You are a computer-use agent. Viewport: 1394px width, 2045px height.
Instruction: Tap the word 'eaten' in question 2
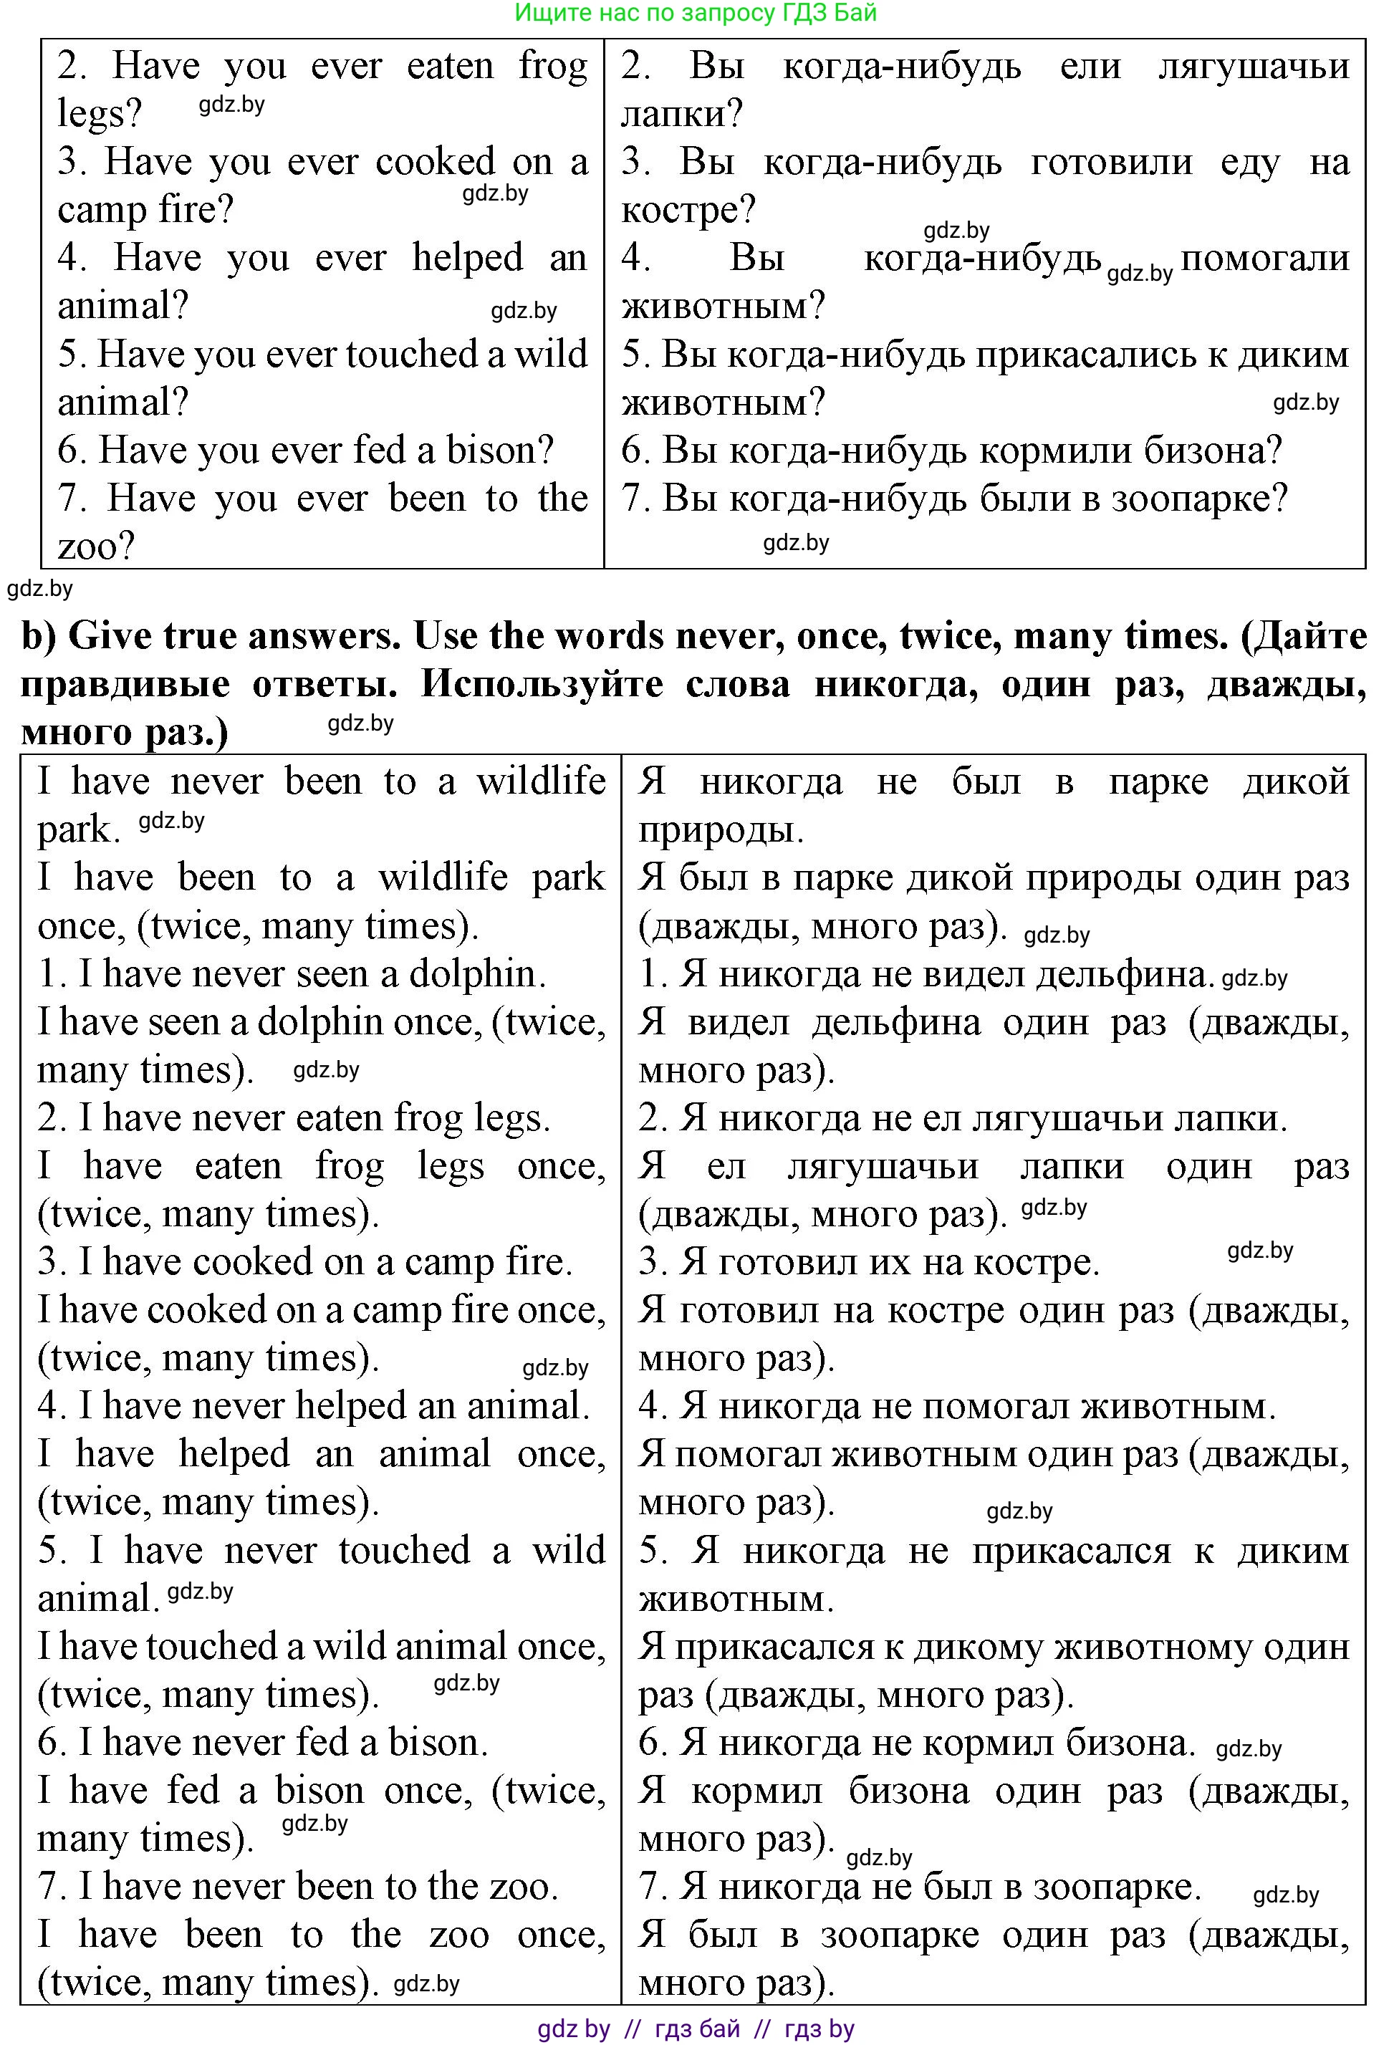click(450, 67)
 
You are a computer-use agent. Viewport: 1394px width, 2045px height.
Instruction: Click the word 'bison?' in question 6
click(500, 451)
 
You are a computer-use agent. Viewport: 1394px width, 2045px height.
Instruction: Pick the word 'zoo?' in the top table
click(96, 547)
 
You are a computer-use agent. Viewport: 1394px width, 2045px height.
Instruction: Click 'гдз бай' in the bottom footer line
click(697, 2029)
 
